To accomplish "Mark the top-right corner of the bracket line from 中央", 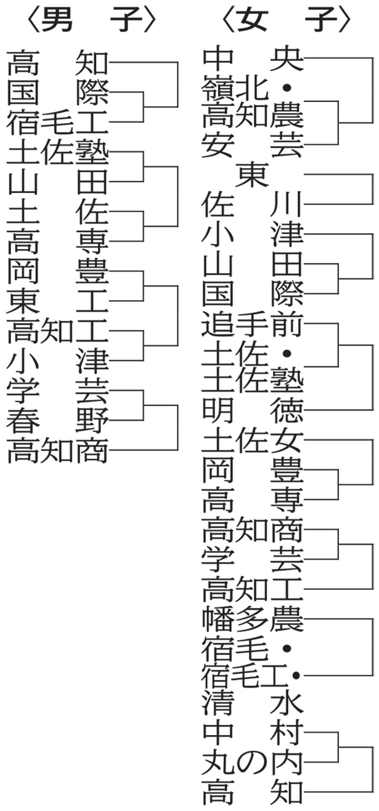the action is [373, 58].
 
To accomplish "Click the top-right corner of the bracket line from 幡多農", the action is [373, 619].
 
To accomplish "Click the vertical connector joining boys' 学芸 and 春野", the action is [144, 405].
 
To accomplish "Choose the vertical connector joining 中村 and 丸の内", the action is [338, 747].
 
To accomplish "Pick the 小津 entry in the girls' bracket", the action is [252, 234].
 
